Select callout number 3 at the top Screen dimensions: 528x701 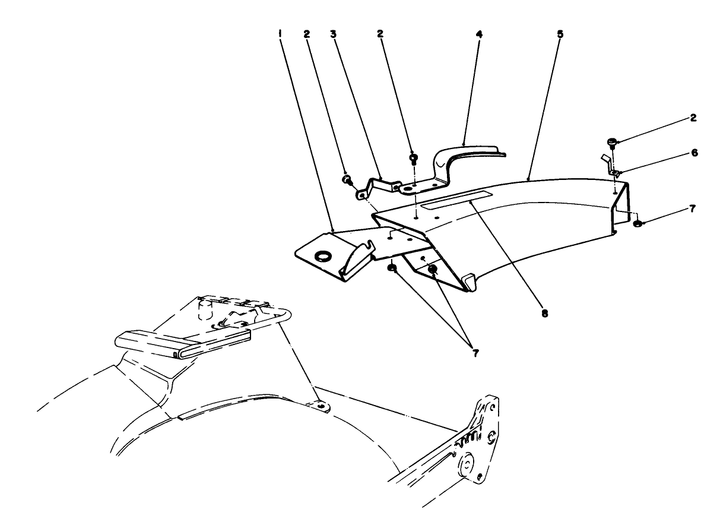click(334, 34)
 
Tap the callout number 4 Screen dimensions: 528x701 click(479, 34)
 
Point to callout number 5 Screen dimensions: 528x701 click(560, 34)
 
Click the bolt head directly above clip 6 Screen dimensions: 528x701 click(612, 142)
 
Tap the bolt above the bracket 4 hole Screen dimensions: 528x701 click(414, 159)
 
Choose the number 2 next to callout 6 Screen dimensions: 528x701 click(693, 118)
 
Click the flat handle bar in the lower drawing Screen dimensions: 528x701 click(181, 344)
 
